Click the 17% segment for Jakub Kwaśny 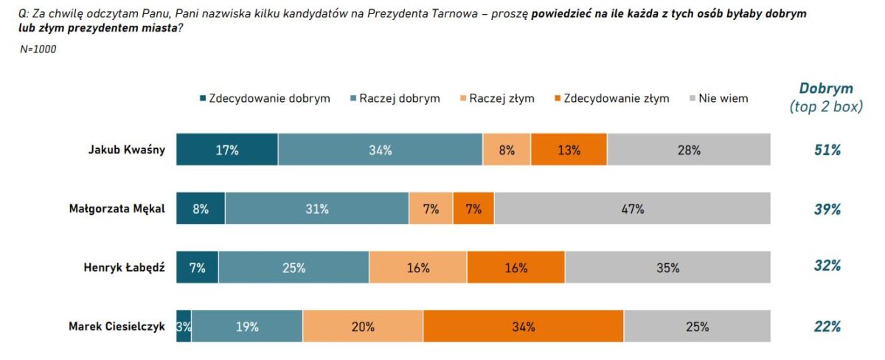pos(227,150)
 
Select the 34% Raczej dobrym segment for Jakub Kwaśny pos(380,150)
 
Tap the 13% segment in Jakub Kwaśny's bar pos(569,150)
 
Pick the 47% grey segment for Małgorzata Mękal pos(632,209)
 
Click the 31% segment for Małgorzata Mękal pos(316,209)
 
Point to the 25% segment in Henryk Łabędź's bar pos(294,268)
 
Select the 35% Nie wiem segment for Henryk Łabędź pos(667,268)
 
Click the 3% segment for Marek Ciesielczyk pos(184,327)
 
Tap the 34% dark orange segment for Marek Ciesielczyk pos(523,327)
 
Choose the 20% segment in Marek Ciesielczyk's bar pos(363,327)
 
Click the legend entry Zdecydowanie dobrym pos(264,98)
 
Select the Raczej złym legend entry pos(496,98)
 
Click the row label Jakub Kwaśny pos(126,150)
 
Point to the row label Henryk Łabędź pos(124,268)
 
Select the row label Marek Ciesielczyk pos(117,327)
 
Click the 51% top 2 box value pos(827,150)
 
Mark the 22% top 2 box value pos(827,327)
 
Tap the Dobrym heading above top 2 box pos(826,89)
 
